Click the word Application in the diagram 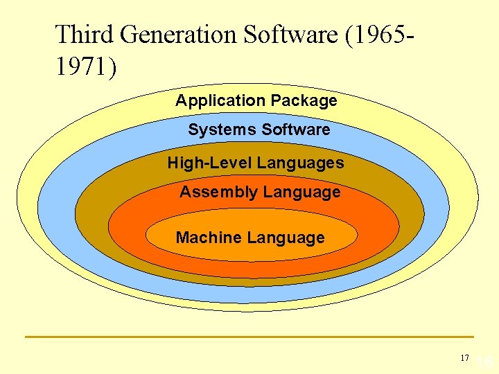220,101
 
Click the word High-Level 209,163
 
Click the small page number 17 464,358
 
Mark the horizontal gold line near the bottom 249,337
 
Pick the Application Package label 256,101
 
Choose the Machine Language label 249,238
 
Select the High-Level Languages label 255,163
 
